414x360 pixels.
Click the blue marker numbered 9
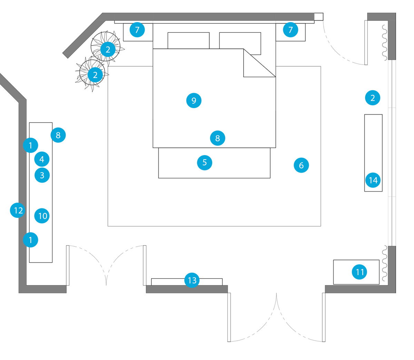[x=194, y=100]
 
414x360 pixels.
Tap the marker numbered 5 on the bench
[x=205, y=162]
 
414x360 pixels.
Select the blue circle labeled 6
[x=301, y=165]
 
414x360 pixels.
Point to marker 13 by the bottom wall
[x=192, y=280]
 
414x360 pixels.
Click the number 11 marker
[x=360, y=272]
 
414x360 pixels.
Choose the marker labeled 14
[x=373, y=180]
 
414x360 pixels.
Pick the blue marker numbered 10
[x=42, y=216]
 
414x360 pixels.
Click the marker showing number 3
[x=42, y=175]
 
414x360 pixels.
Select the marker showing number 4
[x=42, y=159]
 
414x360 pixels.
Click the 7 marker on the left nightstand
[x=137, y=30]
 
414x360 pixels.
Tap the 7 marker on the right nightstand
[x=290, y=30]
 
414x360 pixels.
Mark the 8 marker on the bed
[x=217, y=138]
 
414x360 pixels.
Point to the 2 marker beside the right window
[x=373, y=98]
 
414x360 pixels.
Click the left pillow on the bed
[x=188, y=40]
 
